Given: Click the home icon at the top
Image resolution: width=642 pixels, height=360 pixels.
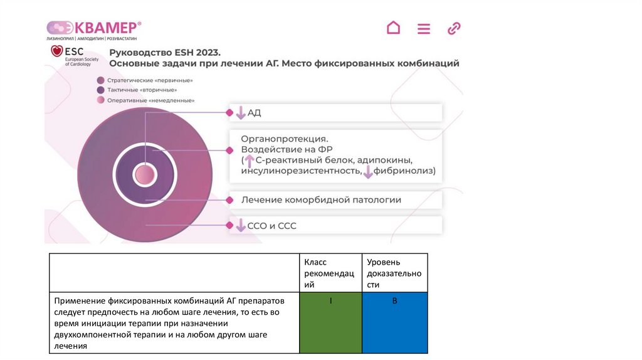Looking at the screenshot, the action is coord(393,28).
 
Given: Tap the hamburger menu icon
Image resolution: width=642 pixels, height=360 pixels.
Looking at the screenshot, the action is coord(424,29).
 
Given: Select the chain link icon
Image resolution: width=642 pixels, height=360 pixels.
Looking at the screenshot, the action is coord(454,28).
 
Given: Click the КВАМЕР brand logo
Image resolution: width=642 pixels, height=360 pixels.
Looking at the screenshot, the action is coord(94,28).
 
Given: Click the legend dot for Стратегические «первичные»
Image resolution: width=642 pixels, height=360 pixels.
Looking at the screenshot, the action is coord(100,80).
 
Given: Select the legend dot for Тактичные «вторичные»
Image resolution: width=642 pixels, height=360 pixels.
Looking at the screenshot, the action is coord(100,90).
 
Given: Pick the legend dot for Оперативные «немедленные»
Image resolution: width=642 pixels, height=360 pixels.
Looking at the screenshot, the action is coord(100,100).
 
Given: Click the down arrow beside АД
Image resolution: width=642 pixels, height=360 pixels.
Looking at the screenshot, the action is coord(240,114).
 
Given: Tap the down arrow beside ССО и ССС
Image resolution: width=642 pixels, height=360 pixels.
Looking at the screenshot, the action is coord(240,226).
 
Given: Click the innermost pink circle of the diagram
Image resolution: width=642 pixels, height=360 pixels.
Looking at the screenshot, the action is coord(144,175).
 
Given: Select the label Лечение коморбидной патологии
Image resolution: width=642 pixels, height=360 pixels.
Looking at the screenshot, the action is coord(321,200).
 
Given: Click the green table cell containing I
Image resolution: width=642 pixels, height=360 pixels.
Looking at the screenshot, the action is coord(330,322).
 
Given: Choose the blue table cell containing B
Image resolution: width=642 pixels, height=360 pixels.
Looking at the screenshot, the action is coord(394,322).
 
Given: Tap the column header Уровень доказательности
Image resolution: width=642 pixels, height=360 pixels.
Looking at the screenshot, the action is coord(394,273).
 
